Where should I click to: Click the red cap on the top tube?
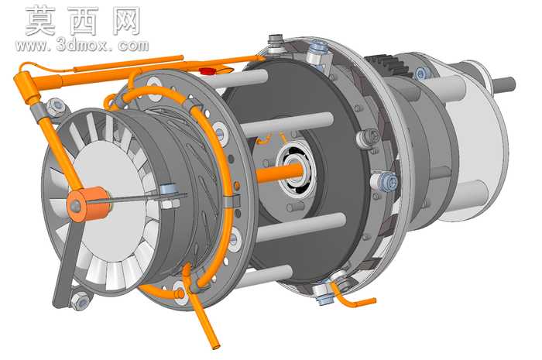(x=207, y=71)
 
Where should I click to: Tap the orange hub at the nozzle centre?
(x=89, y=204)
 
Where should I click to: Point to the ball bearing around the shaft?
(x=297, y=170)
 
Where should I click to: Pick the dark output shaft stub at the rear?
(x=504, y=84)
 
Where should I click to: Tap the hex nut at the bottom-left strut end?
(x=80, y=301)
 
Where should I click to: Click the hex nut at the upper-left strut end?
(x=56, y=107)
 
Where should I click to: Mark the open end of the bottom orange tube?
(x=216, y=345)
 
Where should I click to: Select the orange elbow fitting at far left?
(x=25, y=84)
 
